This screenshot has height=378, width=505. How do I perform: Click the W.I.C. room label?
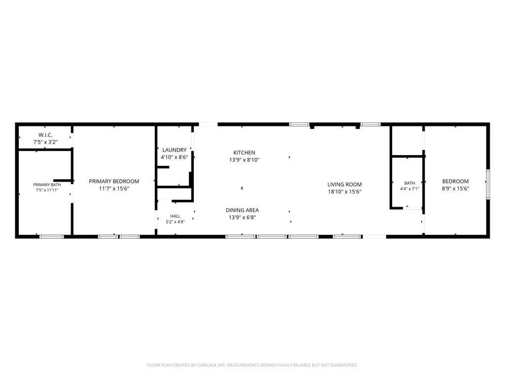(45, 135)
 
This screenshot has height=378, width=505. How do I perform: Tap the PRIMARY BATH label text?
(47, 185)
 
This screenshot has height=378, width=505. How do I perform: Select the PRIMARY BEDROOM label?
(114, 181)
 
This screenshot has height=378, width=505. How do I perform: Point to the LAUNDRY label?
(174, 150)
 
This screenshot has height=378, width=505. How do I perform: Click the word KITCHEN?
(244, 153)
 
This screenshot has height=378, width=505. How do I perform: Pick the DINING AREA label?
(242, 210)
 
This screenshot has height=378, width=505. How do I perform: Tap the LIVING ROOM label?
(345, 185)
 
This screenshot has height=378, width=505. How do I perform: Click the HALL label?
(175, 216)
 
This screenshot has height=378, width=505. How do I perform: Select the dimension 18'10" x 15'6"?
(345, 191)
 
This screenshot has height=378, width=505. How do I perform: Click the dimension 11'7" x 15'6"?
(114, 189)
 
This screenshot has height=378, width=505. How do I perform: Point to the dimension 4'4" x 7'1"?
(410, 189)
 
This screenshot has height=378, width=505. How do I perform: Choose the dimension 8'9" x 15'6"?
(455, 189)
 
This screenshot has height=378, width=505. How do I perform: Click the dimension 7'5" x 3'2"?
(45, 142)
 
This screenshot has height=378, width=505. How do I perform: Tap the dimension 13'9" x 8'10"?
(244, 160)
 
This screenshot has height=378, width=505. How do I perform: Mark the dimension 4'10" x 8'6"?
(174, 157)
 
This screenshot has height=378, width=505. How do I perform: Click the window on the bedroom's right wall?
(488, 184)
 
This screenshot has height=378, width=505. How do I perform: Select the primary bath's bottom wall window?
(52, 237)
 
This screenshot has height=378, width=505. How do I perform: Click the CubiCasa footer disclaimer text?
(252, 365)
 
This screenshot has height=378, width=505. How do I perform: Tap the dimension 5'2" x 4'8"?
(175, 222)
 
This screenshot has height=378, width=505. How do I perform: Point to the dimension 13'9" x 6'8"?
(242, 218)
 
